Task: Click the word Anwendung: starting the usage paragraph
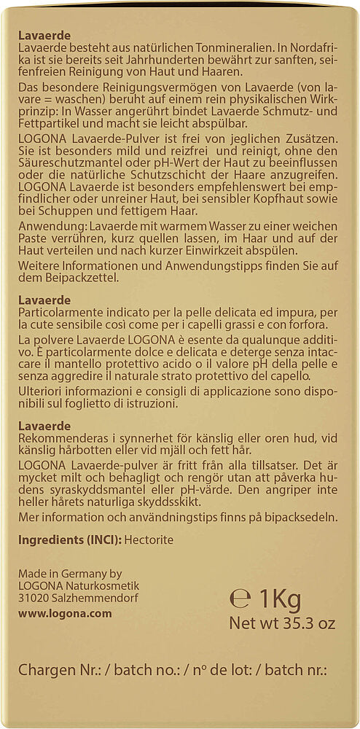[46, 227]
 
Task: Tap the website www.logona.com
[64, 614]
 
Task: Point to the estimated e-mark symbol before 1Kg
[240, 599]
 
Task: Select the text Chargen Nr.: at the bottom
[55, 671]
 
